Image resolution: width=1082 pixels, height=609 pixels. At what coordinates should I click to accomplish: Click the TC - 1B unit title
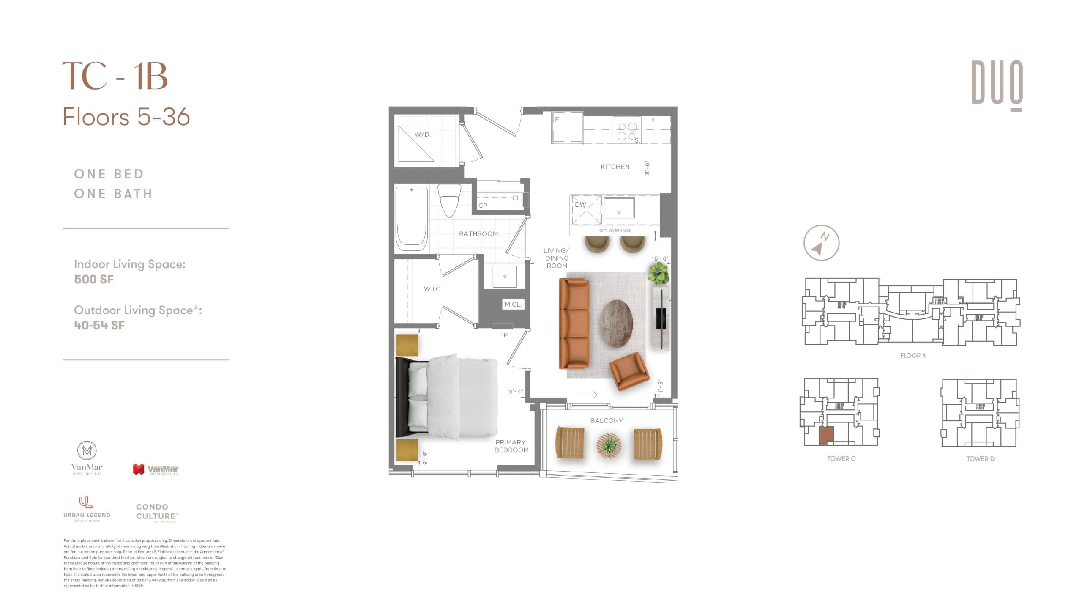point(115,77)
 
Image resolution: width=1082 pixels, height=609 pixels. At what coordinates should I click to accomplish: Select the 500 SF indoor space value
point(94,279)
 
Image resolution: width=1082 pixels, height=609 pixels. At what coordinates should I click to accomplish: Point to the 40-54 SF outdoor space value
point(99,325)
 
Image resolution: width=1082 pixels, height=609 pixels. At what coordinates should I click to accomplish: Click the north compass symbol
point(821,243)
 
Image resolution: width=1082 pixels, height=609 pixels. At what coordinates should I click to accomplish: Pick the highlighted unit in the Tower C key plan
point(826,436)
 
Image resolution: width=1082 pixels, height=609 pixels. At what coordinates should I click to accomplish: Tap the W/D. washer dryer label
point(422,134)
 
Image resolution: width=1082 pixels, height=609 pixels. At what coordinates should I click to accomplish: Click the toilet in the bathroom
point(449,200)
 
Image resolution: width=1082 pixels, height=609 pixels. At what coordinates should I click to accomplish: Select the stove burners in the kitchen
point(627,131)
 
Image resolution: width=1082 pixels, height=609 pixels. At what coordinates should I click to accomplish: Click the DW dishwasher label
point(580,205)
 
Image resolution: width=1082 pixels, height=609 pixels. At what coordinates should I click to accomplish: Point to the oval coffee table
point(618,324)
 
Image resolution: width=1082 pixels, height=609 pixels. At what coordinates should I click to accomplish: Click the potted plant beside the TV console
point(658,273)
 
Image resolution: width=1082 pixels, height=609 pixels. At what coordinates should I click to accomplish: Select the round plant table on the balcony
point(609,445)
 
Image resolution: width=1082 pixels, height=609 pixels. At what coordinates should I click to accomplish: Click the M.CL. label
point(513,304)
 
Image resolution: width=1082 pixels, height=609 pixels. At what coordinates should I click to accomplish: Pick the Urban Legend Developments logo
point(87,509)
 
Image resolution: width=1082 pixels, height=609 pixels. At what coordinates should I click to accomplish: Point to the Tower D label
point(980,459)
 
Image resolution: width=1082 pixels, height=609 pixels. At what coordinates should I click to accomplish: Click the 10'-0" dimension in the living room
point(659,258)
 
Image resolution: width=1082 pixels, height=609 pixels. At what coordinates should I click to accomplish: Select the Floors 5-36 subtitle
point(126,117)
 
